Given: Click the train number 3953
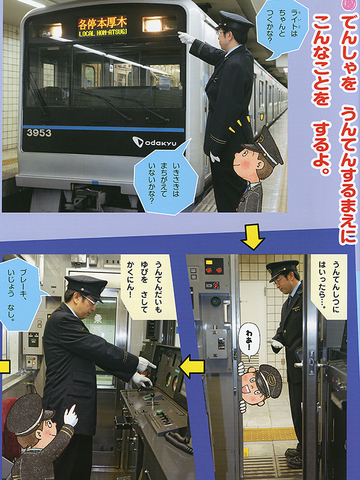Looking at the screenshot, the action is point(39,133).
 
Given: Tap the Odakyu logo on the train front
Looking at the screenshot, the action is point(154,142).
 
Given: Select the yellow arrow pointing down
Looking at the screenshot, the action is point(253,236).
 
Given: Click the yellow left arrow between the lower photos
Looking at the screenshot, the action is point(192,366).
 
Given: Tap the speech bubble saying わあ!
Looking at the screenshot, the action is point(249,341).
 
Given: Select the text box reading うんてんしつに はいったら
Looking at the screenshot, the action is point(328,287).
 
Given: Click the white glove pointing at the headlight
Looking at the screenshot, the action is point(185,38).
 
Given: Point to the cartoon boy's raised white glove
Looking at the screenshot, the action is point(70,415).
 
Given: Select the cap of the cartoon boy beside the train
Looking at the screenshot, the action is point(266,146).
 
